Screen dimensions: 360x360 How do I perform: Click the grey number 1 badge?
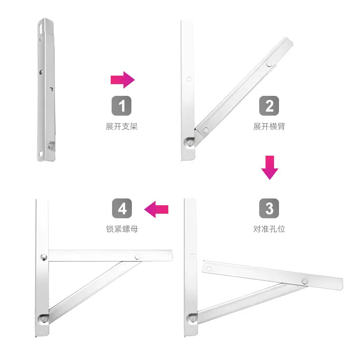[121, 106]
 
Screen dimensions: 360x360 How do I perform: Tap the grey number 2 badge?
[269, 106]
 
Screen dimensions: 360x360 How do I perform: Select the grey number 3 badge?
[269, 208]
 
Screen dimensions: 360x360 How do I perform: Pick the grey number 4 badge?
[122, 208]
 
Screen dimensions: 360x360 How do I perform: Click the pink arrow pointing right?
[122, 80]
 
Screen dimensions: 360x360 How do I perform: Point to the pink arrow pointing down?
[270, 167]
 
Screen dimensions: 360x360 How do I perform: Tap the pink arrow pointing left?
[156, 209]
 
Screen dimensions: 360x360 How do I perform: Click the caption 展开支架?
[121, 126]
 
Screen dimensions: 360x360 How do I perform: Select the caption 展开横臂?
[269, 126]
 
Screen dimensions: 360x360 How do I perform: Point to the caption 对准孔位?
[269, 229]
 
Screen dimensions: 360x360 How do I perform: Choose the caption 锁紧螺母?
[122, 229]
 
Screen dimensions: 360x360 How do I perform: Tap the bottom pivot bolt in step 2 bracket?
[189, 143]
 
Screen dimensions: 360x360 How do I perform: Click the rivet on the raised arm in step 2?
[269, 64]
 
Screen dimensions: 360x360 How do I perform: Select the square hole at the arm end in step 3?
[209, 269]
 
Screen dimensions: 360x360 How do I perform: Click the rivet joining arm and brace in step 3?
[305, 281]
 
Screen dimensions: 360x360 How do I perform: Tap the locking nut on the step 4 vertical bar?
[43, 257]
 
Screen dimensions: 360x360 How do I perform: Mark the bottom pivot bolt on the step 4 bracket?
[43, 319]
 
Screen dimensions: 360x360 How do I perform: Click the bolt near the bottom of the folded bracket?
[51, 146]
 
